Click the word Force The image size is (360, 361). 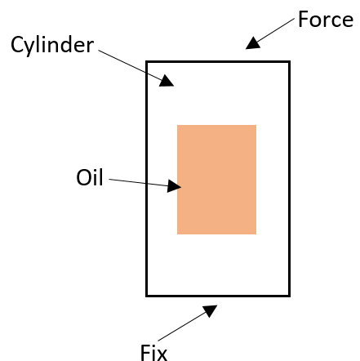tap(326, 20)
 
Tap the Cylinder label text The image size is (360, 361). tap(52, 45)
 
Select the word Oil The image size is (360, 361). tap(90, 177)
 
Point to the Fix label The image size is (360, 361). tap(153, 352)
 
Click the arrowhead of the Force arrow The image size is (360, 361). tap(253, 44)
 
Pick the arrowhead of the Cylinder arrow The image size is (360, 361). tap(166, 81)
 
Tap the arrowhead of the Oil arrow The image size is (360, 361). tap(174, 186)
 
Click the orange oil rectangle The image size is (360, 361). tap(216, 180)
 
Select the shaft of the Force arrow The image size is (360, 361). tap(275, 30)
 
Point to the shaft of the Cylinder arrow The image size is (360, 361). tap(131, 65)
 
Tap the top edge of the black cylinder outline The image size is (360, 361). tap(218, 62)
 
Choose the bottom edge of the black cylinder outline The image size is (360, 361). tap(218, 296)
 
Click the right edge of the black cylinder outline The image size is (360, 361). tap(289, 179)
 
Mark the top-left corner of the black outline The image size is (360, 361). tap(147, 62)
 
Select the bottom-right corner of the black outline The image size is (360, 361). tap(289, 296)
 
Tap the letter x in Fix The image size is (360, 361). tap(161, 354)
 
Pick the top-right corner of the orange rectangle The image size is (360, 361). tap(256, 125)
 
